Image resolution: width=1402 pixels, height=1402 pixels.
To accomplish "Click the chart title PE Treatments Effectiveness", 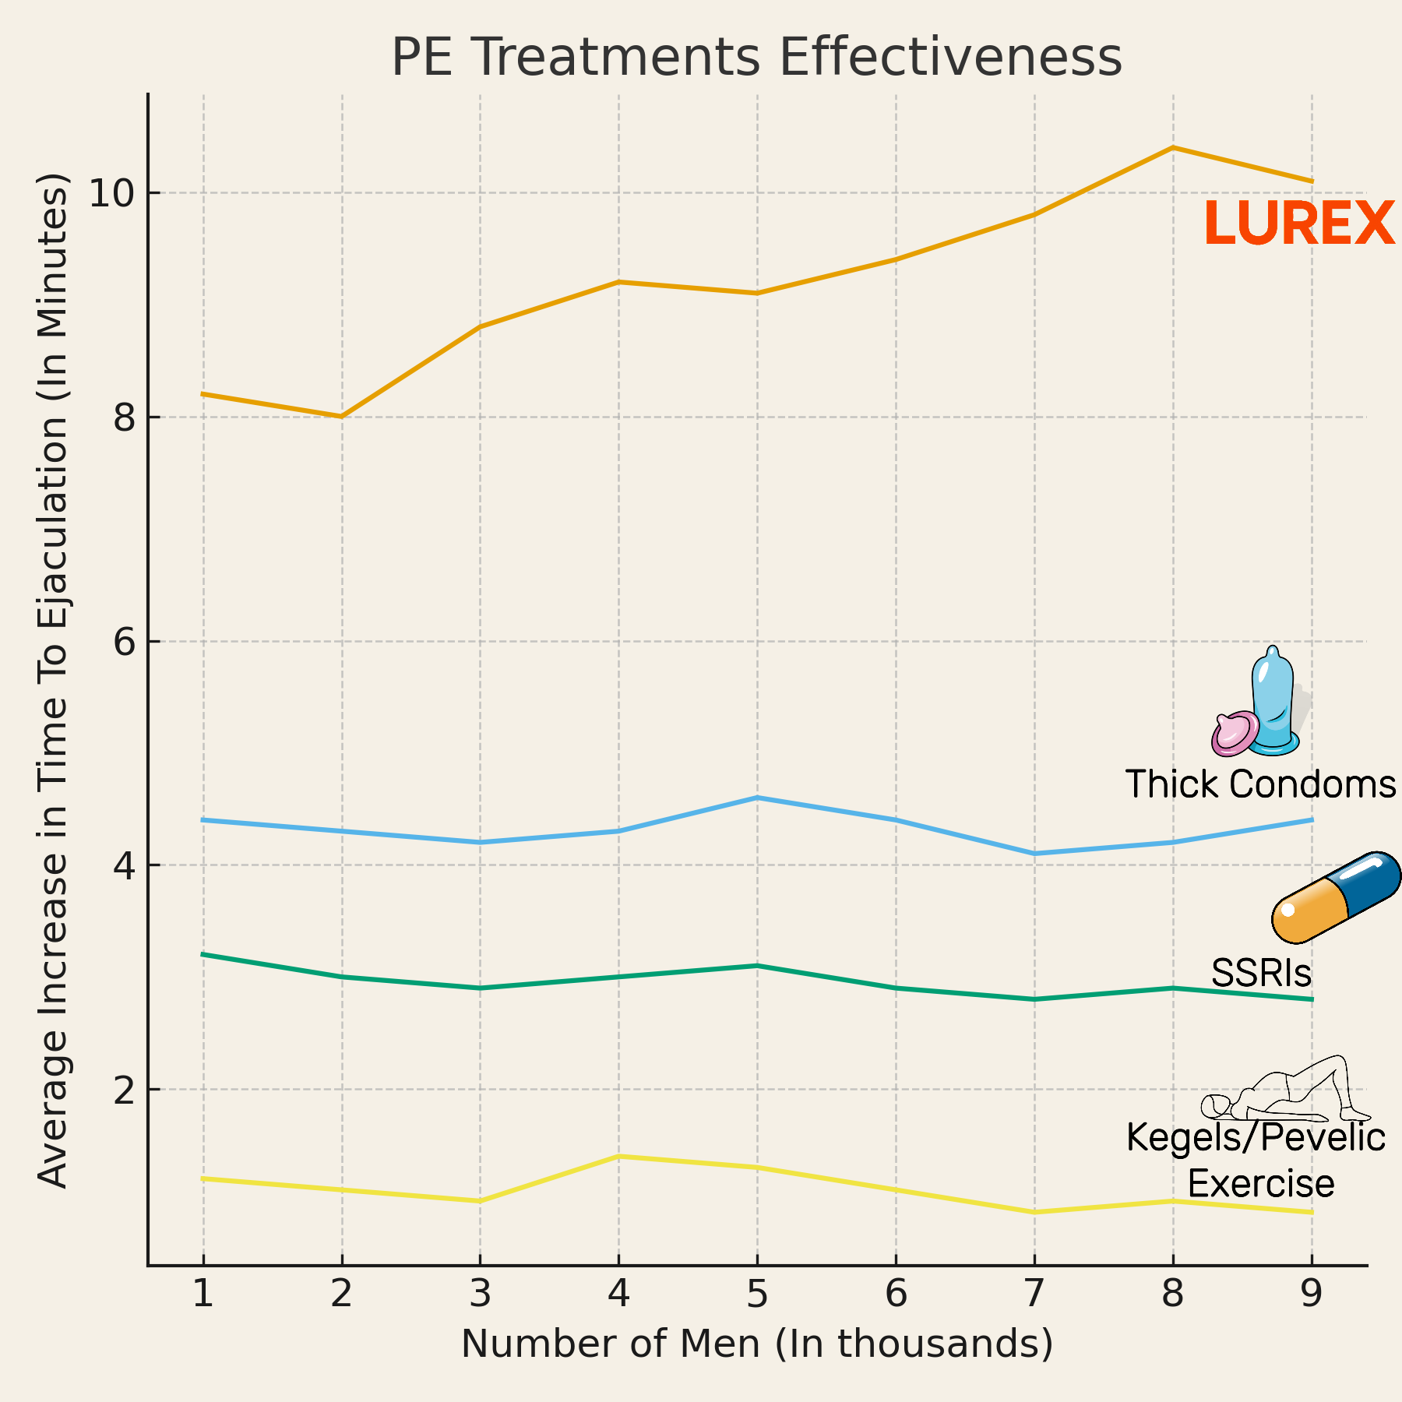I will [756, 58].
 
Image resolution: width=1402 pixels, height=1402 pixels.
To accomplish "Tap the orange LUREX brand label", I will [1299, 224].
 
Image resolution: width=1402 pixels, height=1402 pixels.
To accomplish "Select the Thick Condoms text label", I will [1260, 784].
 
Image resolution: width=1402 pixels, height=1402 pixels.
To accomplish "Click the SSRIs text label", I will [1261, 973].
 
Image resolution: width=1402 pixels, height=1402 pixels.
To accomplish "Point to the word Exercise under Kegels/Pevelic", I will [1261, 1183].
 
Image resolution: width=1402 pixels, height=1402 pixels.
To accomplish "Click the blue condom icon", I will [1273, 701].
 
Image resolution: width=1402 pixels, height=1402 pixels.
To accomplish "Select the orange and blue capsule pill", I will [1336, 897].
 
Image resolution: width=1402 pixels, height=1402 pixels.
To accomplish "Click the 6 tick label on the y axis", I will [125, 642].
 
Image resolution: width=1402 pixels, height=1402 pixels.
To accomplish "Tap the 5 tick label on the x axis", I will [756, 1294].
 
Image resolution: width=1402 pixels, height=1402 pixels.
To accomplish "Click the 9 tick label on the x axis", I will [1312, 1294].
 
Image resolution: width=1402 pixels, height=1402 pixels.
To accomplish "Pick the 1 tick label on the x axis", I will [203, 1294].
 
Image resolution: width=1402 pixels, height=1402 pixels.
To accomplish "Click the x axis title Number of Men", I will [756, 1344].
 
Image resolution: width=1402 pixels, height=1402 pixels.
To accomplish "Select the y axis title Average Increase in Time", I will [53, 679].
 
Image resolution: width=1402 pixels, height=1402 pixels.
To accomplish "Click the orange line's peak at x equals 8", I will [1173, 147].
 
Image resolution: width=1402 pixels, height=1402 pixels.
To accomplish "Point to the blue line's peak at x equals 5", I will [756, 798].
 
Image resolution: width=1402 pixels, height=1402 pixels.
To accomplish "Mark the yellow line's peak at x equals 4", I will [618, 1156].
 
